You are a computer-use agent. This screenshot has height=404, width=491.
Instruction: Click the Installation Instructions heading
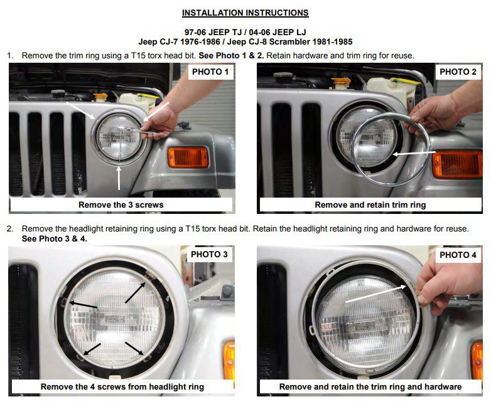pos(245,13)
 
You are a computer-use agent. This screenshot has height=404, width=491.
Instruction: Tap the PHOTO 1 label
pos(210,72)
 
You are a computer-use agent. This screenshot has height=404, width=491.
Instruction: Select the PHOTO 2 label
pos(458,72)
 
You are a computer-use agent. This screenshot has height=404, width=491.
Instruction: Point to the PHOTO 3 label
pos(209,254)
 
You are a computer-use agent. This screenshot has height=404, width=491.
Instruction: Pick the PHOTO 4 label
pos(458,255)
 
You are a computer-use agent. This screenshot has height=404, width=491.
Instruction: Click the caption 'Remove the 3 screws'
pos(121,205)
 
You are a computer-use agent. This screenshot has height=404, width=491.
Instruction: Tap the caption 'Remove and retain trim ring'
pos(370,205)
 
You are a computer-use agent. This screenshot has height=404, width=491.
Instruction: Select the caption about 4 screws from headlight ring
pos(122,387)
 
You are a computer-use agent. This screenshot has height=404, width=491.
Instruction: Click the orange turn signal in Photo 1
pos(188,157)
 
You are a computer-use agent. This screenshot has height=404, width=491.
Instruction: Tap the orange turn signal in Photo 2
pos(457,164)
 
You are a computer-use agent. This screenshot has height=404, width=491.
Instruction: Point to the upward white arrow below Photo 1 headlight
pos(119,178)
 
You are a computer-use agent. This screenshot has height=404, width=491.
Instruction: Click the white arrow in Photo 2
pos(414,153)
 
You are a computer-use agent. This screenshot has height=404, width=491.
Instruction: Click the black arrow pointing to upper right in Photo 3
pos(135,292)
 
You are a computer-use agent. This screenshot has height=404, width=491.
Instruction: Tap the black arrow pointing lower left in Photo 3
pos(92,349)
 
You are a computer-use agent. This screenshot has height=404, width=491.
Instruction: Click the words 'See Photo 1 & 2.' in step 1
pos(231,56)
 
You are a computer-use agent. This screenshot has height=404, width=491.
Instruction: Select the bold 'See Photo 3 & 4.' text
pos(55,239)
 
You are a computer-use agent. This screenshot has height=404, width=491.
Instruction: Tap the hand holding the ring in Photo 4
pos(448,286)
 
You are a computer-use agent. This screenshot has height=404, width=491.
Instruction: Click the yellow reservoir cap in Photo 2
pos(340,83)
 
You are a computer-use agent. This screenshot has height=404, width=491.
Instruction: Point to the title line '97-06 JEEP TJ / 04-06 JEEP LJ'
pos(245,32)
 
